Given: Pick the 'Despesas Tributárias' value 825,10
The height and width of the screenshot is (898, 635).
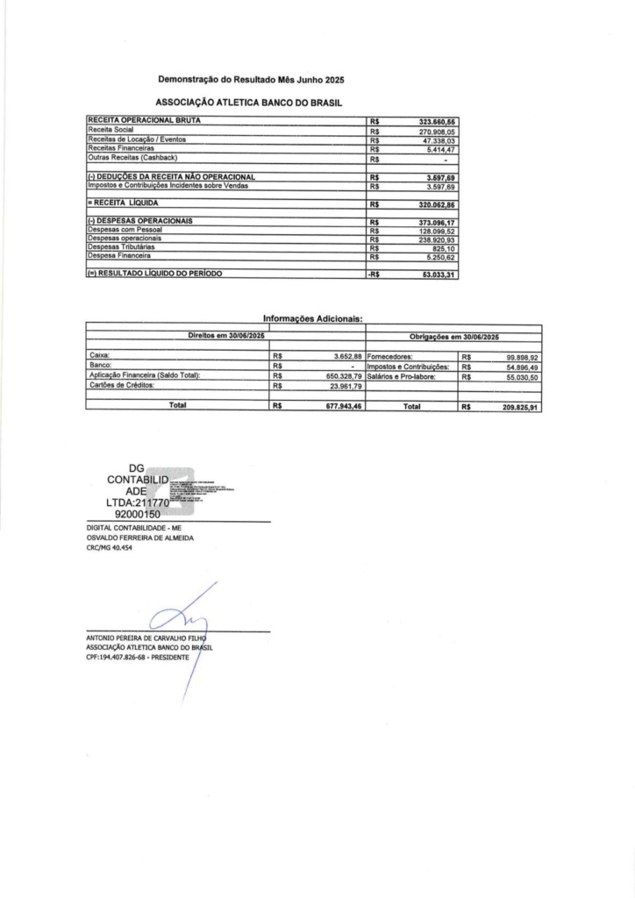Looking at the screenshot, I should [x=442, y=248].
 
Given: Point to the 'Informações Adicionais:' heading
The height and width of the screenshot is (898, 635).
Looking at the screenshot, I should [x=313, y=319].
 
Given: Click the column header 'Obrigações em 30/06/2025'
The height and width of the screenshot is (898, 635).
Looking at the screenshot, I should [x=453, y=337].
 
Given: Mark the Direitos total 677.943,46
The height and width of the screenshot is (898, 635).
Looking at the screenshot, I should [x=338, y=408].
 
